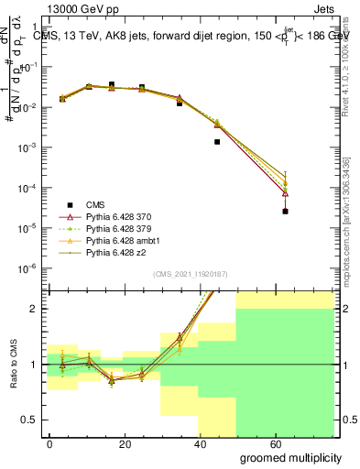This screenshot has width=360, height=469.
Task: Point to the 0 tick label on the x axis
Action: [49, 442]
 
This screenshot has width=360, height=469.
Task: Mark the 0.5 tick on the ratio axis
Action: [27, 420]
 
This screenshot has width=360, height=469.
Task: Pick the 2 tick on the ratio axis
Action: [31, 309]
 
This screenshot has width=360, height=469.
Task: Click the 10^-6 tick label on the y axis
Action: [25, 267]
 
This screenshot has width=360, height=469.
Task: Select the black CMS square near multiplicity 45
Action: [217, 142]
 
